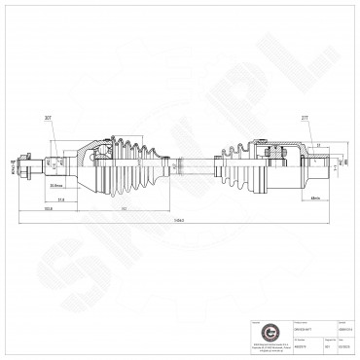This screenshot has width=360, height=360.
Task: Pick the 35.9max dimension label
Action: (x=57, y=183)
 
